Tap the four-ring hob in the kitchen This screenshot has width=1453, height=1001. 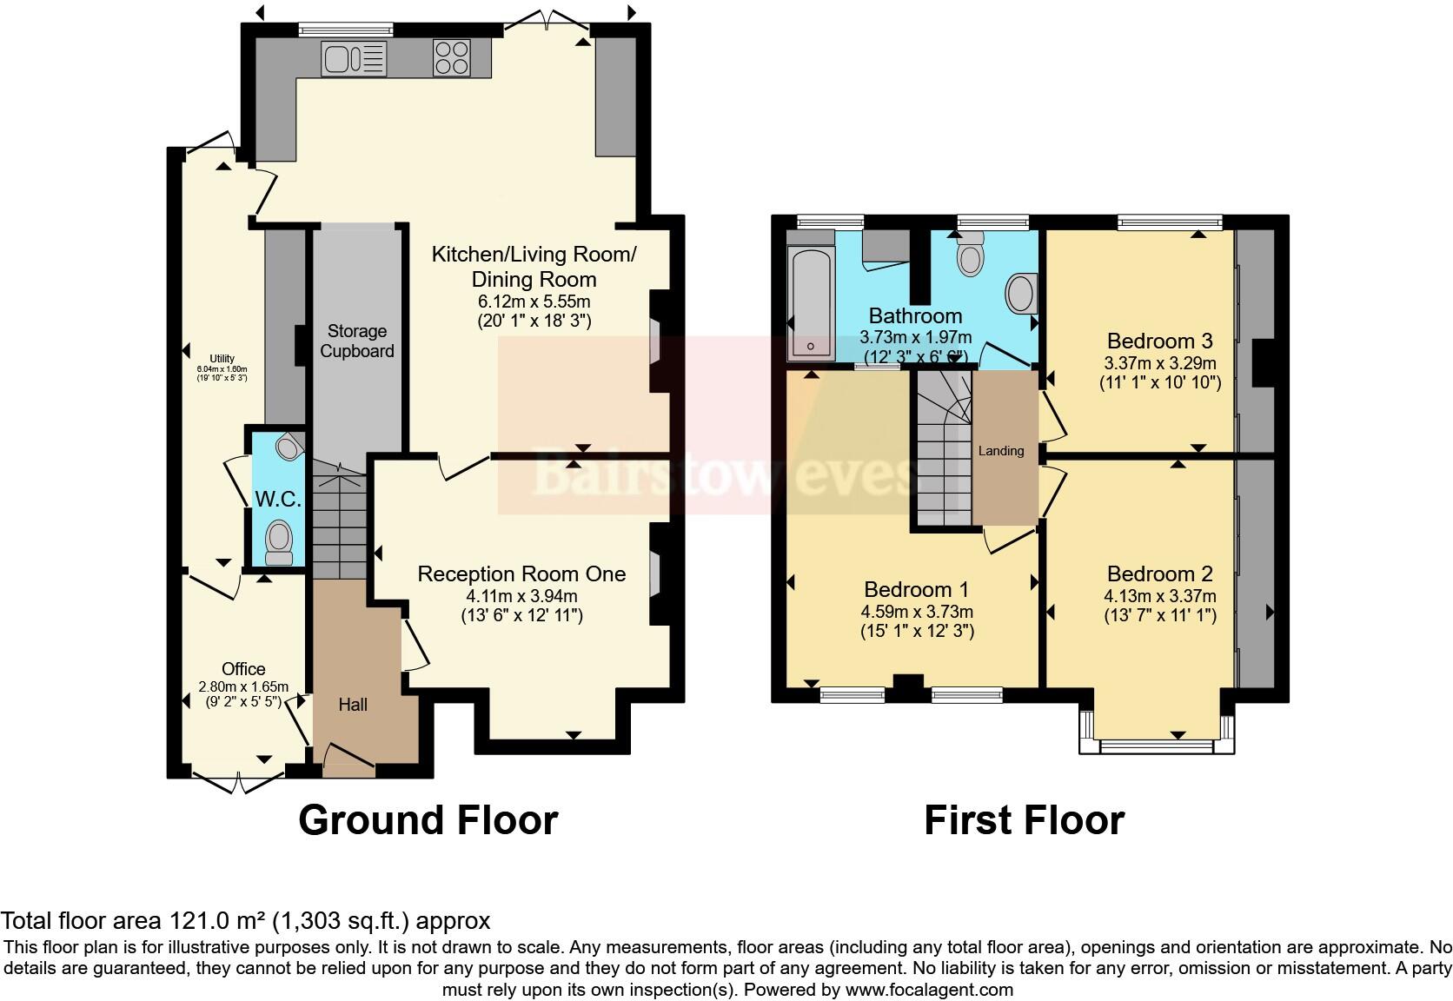452,59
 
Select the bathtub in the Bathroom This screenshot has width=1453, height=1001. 810,302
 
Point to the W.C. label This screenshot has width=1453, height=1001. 278,500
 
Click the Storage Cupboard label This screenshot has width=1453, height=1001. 357,341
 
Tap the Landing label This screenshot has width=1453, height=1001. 1001,451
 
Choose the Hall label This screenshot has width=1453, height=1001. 353,705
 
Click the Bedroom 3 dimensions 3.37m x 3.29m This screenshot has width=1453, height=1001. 1159,364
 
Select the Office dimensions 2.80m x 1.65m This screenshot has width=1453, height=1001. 243,687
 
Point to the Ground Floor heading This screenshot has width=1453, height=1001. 428,820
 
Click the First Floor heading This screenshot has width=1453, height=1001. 1024,820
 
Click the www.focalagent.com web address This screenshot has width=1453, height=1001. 929,989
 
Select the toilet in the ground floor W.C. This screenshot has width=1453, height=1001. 279,541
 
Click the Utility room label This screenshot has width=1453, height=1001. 222,359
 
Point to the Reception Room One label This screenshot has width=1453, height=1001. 521,574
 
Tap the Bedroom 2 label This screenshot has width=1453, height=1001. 1159,574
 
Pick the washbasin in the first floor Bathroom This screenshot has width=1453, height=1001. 1023,295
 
